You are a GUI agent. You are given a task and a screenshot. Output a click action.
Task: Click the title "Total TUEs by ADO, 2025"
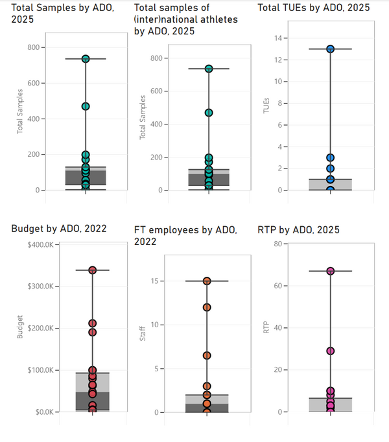click(314, 8)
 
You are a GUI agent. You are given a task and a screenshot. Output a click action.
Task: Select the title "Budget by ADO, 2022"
click(59, 228)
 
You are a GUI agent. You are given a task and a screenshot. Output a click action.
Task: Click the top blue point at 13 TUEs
click(330, 49)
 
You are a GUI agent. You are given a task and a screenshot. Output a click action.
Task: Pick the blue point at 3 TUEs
click(330, 157)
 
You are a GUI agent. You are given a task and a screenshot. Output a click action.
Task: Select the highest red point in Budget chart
click(93, 270)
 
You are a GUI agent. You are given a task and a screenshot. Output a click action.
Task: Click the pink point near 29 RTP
click(330, 351)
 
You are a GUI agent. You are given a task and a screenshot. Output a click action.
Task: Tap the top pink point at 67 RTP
click(330, 271)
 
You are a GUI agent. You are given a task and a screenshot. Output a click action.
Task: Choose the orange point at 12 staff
click(207, 307)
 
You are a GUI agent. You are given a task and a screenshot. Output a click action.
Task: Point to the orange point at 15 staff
click(207, 281)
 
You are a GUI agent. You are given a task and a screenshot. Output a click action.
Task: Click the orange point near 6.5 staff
click(207, 355)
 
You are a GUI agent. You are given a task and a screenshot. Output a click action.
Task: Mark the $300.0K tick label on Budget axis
click(41, 286)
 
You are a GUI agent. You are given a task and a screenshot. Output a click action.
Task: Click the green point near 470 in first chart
click(86, 106)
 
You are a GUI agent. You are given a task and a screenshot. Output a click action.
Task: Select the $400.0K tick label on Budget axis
click(41, 244)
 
